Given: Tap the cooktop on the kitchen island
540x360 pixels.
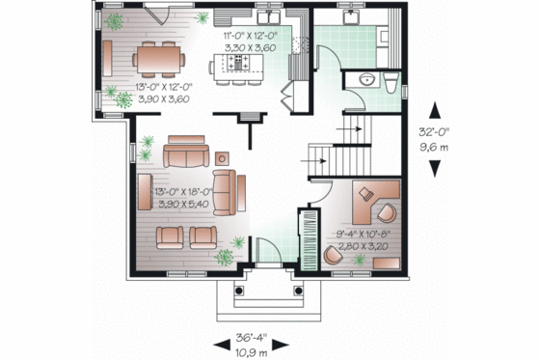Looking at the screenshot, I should (237, 63).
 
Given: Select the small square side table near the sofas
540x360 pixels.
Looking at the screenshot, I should (223, 156).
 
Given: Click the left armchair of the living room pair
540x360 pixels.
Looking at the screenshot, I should (171, 235).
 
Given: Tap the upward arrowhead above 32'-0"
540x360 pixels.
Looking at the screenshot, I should (441, 109).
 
